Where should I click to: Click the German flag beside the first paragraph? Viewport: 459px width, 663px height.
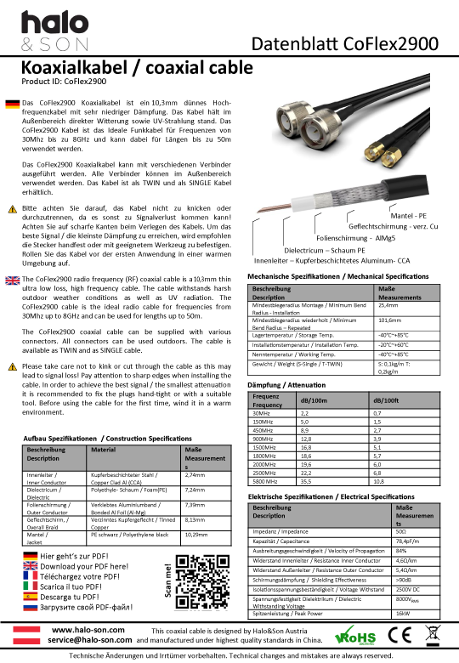pos(12,104)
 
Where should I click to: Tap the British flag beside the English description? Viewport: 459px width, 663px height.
pos(12,280)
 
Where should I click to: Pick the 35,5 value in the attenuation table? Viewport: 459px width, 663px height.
pos(305,480)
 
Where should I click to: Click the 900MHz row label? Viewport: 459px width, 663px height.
pos(266,438)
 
